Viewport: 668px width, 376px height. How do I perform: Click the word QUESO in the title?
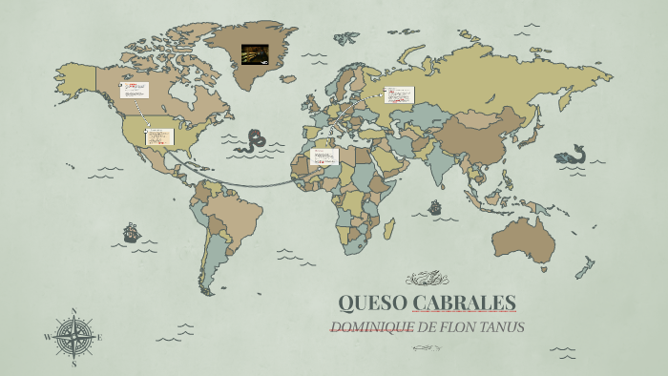click(372, 303)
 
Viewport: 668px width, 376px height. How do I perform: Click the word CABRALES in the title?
click(464, 303)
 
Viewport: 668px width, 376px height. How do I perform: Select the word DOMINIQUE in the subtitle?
click(370, 327)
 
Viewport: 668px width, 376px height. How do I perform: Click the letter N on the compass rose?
click(73, 311)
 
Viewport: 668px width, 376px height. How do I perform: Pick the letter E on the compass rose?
click(99, 337)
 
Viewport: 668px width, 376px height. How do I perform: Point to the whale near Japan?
click(571, 155)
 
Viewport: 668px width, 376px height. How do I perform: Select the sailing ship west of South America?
click(131, 232)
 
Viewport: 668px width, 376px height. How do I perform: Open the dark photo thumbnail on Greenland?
click(255, 53)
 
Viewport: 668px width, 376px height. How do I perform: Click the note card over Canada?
click(136, 90)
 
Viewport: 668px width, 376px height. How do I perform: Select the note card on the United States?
click(160, 136)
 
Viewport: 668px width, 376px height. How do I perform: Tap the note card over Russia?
click(400, 94)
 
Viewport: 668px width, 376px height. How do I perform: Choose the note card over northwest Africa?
click(325, 156)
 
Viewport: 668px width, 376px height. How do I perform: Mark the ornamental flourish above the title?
click(427, 279)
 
